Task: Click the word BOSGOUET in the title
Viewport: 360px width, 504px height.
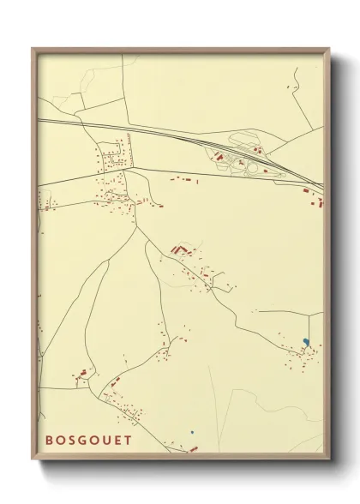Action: [89, 441]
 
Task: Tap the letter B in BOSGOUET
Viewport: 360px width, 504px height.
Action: [51, 441]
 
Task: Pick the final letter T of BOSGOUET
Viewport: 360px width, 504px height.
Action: [128, 441]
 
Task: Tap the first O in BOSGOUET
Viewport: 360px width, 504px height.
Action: [61, 441]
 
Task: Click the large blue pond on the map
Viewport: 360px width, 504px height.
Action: [306, 343]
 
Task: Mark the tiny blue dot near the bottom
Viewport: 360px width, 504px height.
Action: [193, 431]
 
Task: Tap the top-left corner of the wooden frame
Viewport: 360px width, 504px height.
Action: [33, 49]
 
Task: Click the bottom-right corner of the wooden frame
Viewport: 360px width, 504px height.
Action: [329, 459]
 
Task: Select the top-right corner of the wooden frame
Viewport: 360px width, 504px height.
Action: [329, 49]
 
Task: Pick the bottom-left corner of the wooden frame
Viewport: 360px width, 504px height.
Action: [33, 459]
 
